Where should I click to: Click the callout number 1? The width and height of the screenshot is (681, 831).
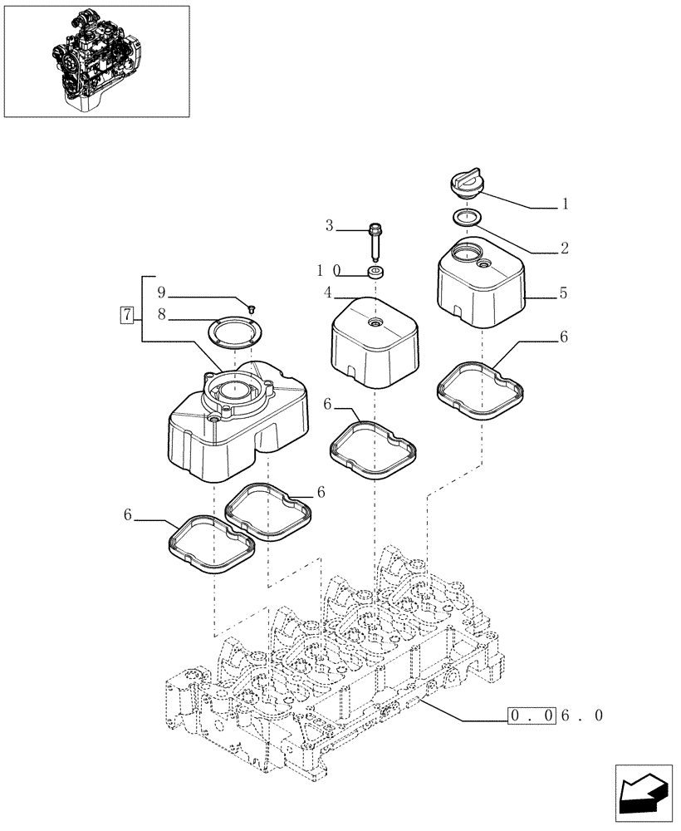[x=566, y=204]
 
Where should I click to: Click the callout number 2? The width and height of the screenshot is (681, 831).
[x=564, y=248]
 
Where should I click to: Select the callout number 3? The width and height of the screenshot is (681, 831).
[x=329, y=225]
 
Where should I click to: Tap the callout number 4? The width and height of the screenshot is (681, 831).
[x=329, y=293]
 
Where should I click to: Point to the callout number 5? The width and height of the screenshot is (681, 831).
[x=564, y=293]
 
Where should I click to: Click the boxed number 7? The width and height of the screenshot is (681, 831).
[x=126, y=315]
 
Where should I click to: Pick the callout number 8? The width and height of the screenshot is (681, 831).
[x=162, y=316]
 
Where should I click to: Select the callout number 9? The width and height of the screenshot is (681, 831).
[x=162, y=293]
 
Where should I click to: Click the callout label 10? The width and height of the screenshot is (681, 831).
[x=326, y=271]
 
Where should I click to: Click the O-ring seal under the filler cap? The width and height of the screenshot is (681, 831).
[x=468, y=218]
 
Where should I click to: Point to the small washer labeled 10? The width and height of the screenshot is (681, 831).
[x=376, y=272]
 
